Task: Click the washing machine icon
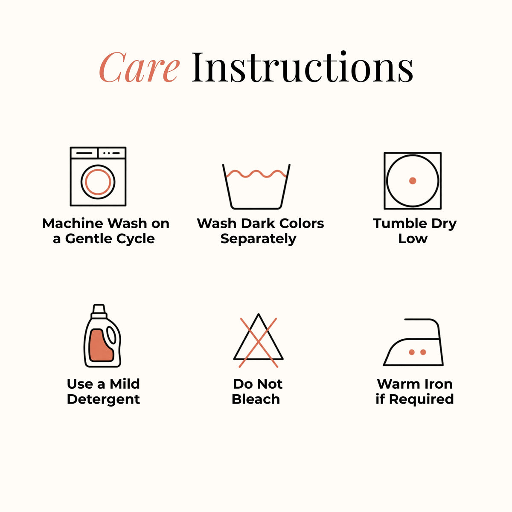click(98, 176)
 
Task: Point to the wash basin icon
click(256, 186)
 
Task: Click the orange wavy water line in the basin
click(256, 174)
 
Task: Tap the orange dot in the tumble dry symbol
click(413, 180)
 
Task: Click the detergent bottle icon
click(102, 336)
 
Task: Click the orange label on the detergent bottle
click(101, 346)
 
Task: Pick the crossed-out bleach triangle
click(258, 340)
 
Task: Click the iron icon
click(413, 342)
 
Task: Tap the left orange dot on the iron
click(412, 352)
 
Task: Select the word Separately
click(258, 239)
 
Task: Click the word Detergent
click(103, 399)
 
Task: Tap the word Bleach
click(256, 399)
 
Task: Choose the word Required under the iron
click(422, 399)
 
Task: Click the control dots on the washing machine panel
click(112, 153)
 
